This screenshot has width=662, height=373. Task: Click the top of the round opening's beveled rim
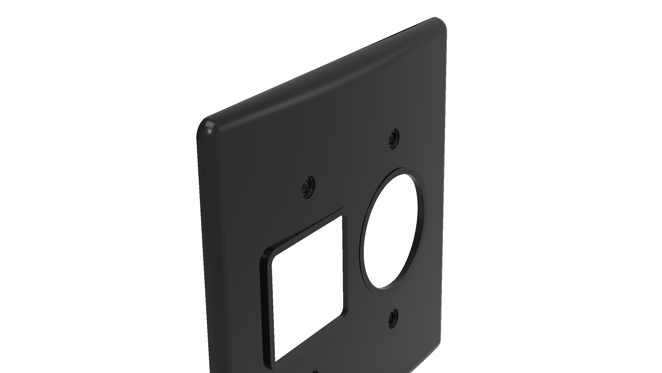[403, 170]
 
